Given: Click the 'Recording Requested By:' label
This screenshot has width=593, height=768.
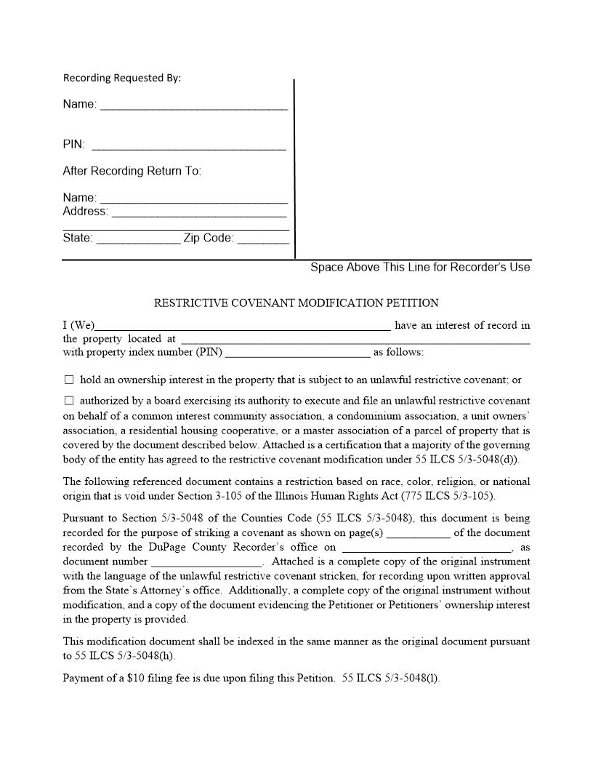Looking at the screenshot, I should click(x=122, y=78).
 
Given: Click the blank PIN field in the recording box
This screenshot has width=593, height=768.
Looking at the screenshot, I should click(x=189, y=145).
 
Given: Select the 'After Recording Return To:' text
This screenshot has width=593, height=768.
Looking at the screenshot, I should click(x=132, y=171).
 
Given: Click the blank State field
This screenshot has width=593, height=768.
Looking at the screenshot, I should click(x=138, y=239).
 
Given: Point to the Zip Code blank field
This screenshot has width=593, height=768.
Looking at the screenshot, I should click(x=263, y=239).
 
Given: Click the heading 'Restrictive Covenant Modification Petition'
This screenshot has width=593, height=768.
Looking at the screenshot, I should click(x=296, y=303).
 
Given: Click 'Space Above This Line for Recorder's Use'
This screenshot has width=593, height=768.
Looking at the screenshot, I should click(x=420, y=267).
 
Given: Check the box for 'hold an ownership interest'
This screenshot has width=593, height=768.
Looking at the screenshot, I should click(x=69, y=380).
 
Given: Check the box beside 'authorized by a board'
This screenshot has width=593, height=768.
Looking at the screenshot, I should click(x=69, y=401).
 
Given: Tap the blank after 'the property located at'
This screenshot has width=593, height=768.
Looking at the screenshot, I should click(x=355, y=339).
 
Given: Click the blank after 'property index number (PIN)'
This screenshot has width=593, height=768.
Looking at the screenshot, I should click(x=298, y=353).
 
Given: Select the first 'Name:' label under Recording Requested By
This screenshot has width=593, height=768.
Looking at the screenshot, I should click(x=79, y=105).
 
